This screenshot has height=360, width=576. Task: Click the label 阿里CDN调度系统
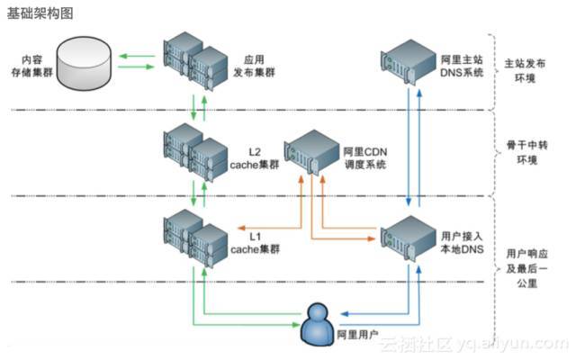(364, 158)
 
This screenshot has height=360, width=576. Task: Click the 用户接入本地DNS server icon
(409, 242)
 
